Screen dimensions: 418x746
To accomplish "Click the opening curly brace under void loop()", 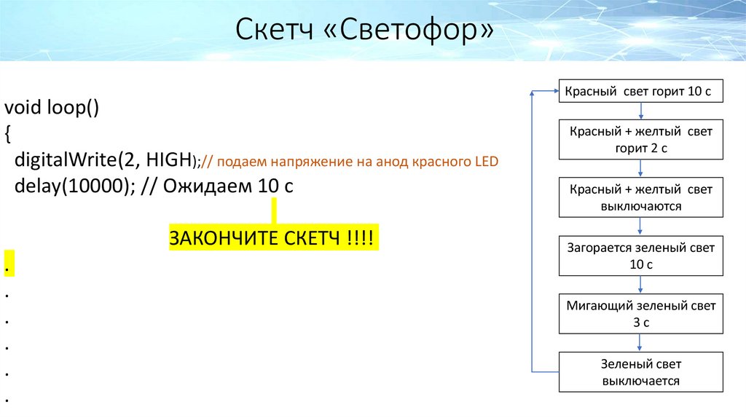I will click(x=8, y=134).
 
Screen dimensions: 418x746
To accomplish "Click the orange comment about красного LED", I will click(x=350, y=162).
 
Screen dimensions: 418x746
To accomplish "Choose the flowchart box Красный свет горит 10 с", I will click(x=641, y=91).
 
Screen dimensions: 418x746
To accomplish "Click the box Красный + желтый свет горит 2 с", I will click(x=641, y=140).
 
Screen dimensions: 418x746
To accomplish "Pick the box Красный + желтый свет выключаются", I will click(x=641, y=197).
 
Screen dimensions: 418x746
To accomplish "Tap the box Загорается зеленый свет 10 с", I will click(x=641, y=256).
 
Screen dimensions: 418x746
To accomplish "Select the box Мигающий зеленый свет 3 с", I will click(x=641, y=314).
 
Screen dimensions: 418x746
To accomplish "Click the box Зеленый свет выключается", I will click(x=641, y=371).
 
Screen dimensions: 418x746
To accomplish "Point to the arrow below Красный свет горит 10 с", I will click(x=641, y=111).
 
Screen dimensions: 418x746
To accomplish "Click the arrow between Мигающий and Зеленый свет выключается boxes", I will click(x=641, y=342).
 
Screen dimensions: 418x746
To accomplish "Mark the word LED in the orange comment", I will click(x=486, y=162).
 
